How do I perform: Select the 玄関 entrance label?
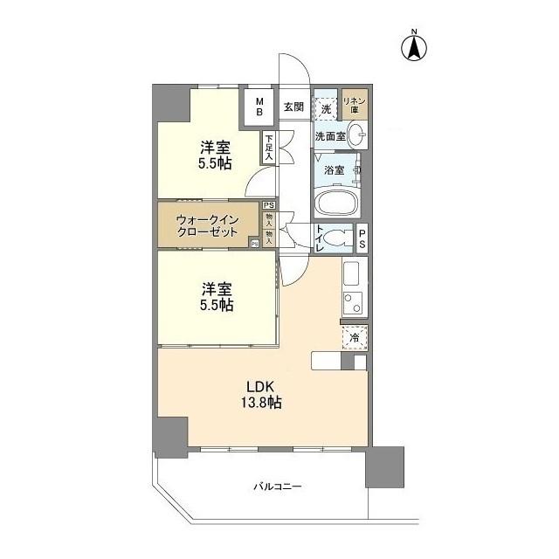293,107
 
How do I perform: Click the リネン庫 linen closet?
355,105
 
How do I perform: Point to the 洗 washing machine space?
326,108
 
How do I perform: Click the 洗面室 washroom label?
330,135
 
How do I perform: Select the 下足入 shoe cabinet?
270,147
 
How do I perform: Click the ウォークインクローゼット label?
207,226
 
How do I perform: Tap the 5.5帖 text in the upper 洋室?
213,163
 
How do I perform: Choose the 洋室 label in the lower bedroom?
213,287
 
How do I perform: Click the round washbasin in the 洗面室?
356,135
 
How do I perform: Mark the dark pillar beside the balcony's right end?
384,466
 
